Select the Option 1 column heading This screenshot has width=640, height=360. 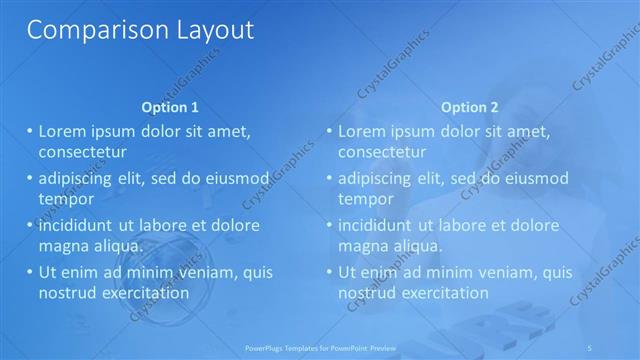(170, 107)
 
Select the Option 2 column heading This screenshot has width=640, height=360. (469, 107)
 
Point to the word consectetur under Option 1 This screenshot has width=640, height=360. (82, 152)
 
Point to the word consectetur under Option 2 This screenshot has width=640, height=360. (382, 152)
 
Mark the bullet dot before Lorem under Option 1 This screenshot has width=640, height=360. (30, 132)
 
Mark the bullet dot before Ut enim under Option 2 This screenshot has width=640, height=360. (330, 272)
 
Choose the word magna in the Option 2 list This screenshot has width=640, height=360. (365, 245)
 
